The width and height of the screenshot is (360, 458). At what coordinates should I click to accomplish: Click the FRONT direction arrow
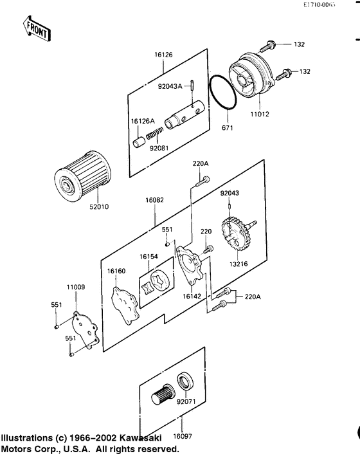(x=37, y=28)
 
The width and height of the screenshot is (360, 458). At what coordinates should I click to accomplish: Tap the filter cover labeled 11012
(x=252, y=74)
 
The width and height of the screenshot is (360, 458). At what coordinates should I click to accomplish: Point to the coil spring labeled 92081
(x=154, y=133)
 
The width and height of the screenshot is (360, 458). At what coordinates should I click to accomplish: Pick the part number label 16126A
(x=143, y=121)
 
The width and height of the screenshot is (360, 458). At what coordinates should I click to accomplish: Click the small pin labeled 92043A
(x=192, y=86)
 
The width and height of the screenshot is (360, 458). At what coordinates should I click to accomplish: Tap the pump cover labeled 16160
(x=124, y=306)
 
